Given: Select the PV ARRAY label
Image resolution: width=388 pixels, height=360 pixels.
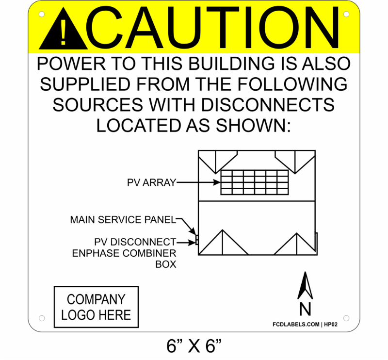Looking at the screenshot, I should tap(151, 183).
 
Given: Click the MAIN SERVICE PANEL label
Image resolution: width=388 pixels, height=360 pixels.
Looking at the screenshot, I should tap(122, 220).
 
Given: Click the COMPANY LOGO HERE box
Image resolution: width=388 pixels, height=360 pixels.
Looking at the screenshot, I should tap(96, 307).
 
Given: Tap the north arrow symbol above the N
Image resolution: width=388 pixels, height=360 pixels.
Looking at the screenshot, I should tap(305, 286).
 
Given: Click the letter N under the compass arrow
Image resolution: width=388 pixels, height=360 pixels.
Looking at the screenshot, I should tap(305, 309).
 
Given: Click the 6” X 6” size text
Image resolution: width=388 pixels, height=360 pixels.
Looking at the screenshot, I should tap(194, 346).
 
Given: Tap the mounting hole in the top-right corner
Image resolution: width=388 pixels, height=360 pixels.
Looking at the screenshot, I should tap(346, 15).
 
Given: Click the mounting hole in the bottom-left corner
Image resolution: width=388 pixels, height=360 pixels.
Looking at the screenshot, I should tap(42, 318).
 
